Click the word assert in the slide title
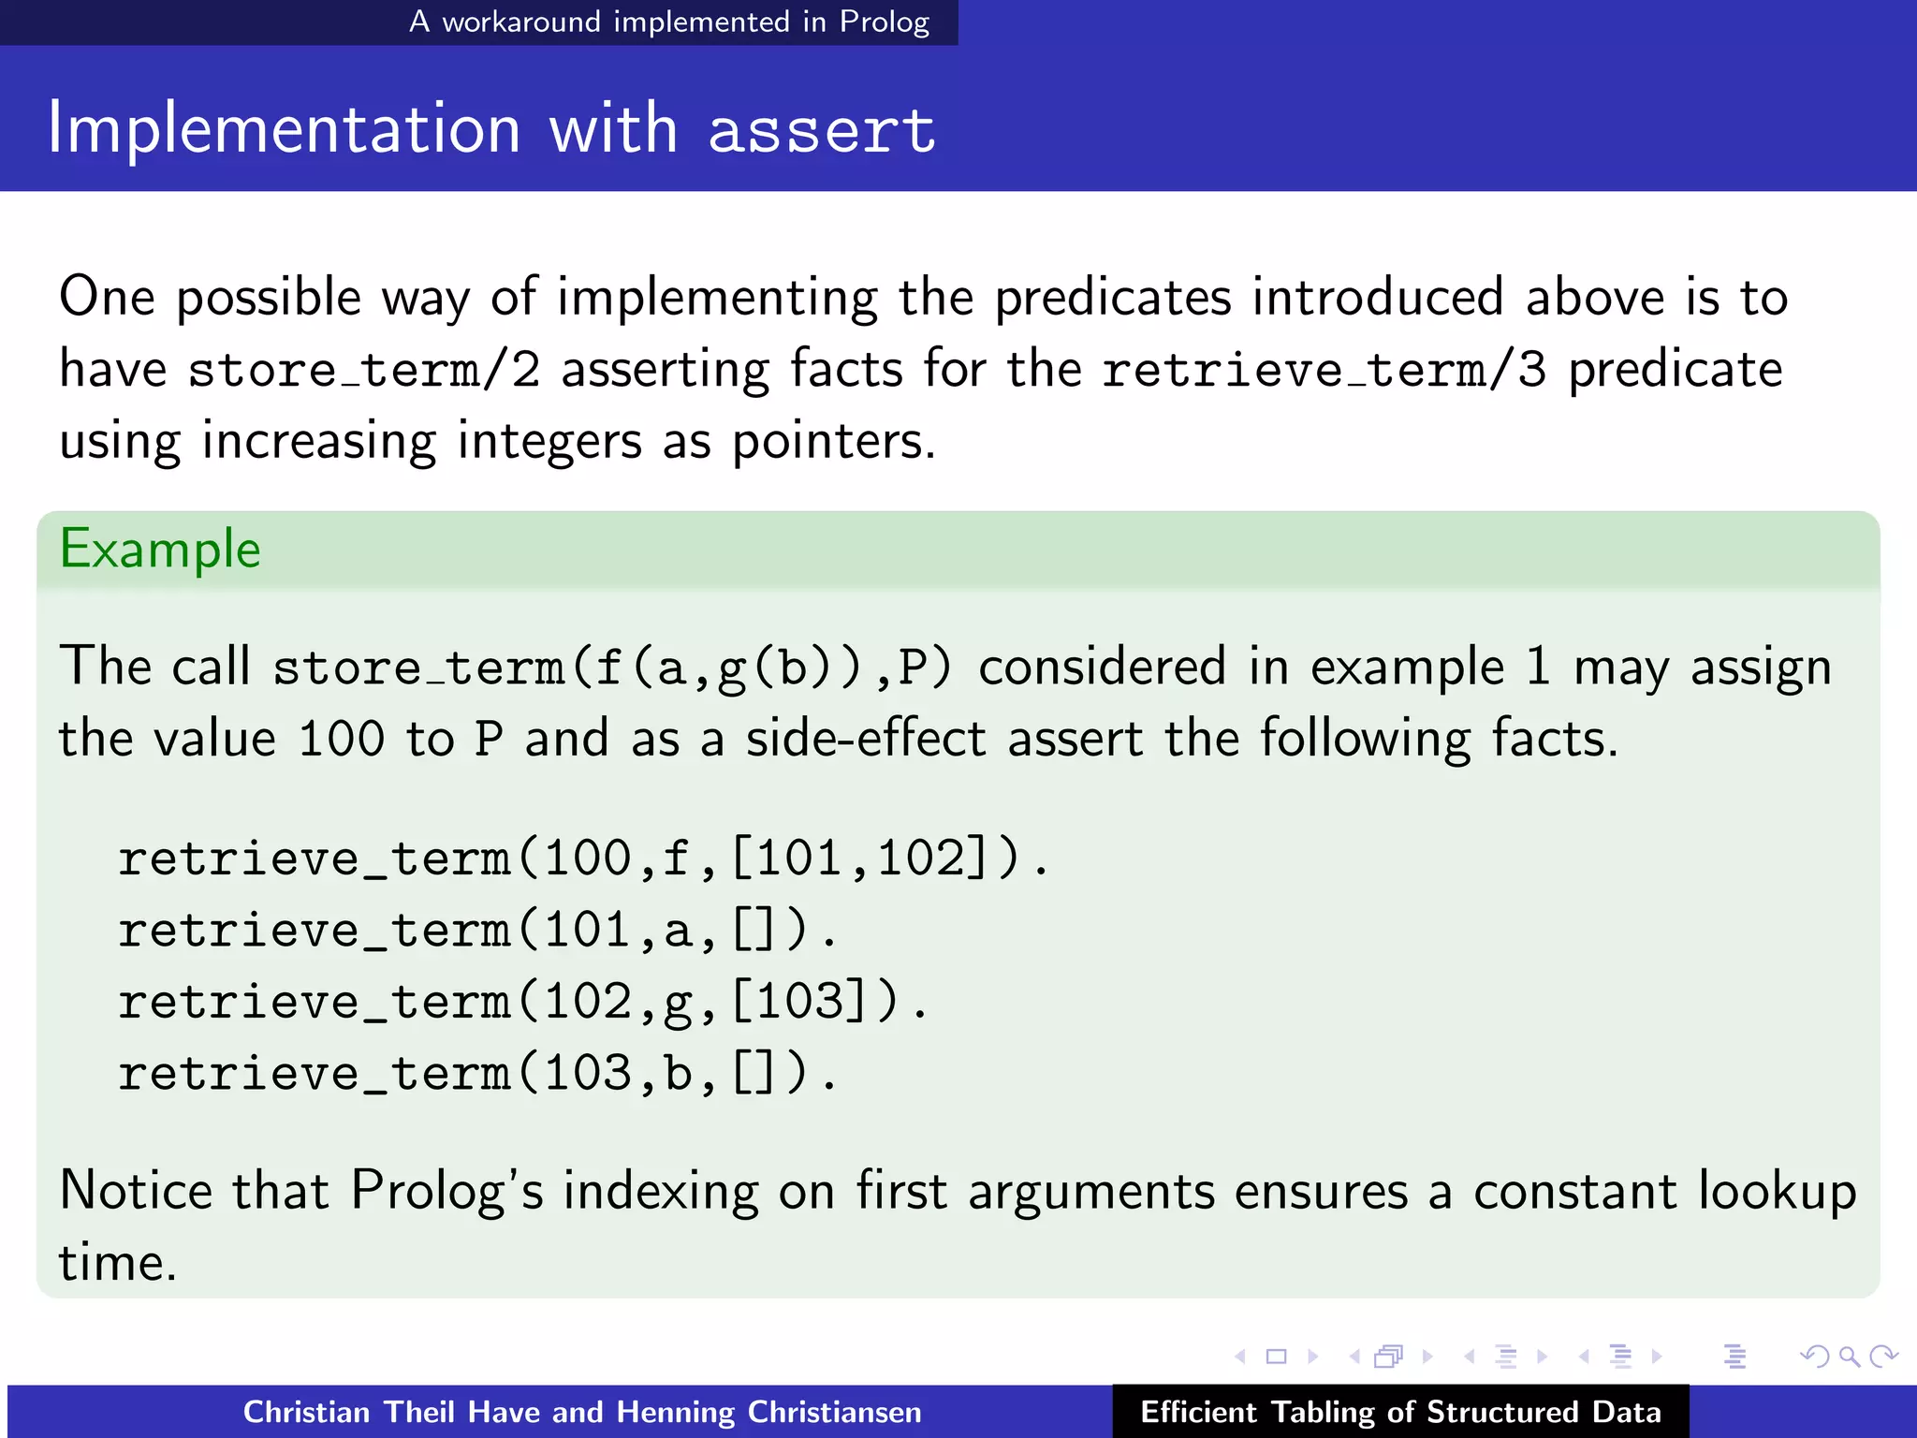point(821,131)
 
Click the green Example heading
point(160,549)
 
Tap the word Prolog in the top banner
point(884,22)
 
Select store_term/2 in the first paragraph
point(364,370)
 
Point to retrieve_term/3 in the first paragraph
point(1324,370)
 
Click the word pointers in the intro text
point(832,441)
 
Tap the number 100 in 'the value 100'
point(342,739)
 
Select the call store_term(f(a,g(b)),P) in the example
point(612,668)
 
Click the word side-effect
point(866,739)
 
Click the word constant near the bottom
point(1574,1192)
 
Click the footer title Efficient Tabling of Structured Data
point(1400,1412)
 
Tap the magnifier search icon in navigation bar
point(1849,1357)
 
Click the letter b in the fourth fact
point(678,1074)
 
